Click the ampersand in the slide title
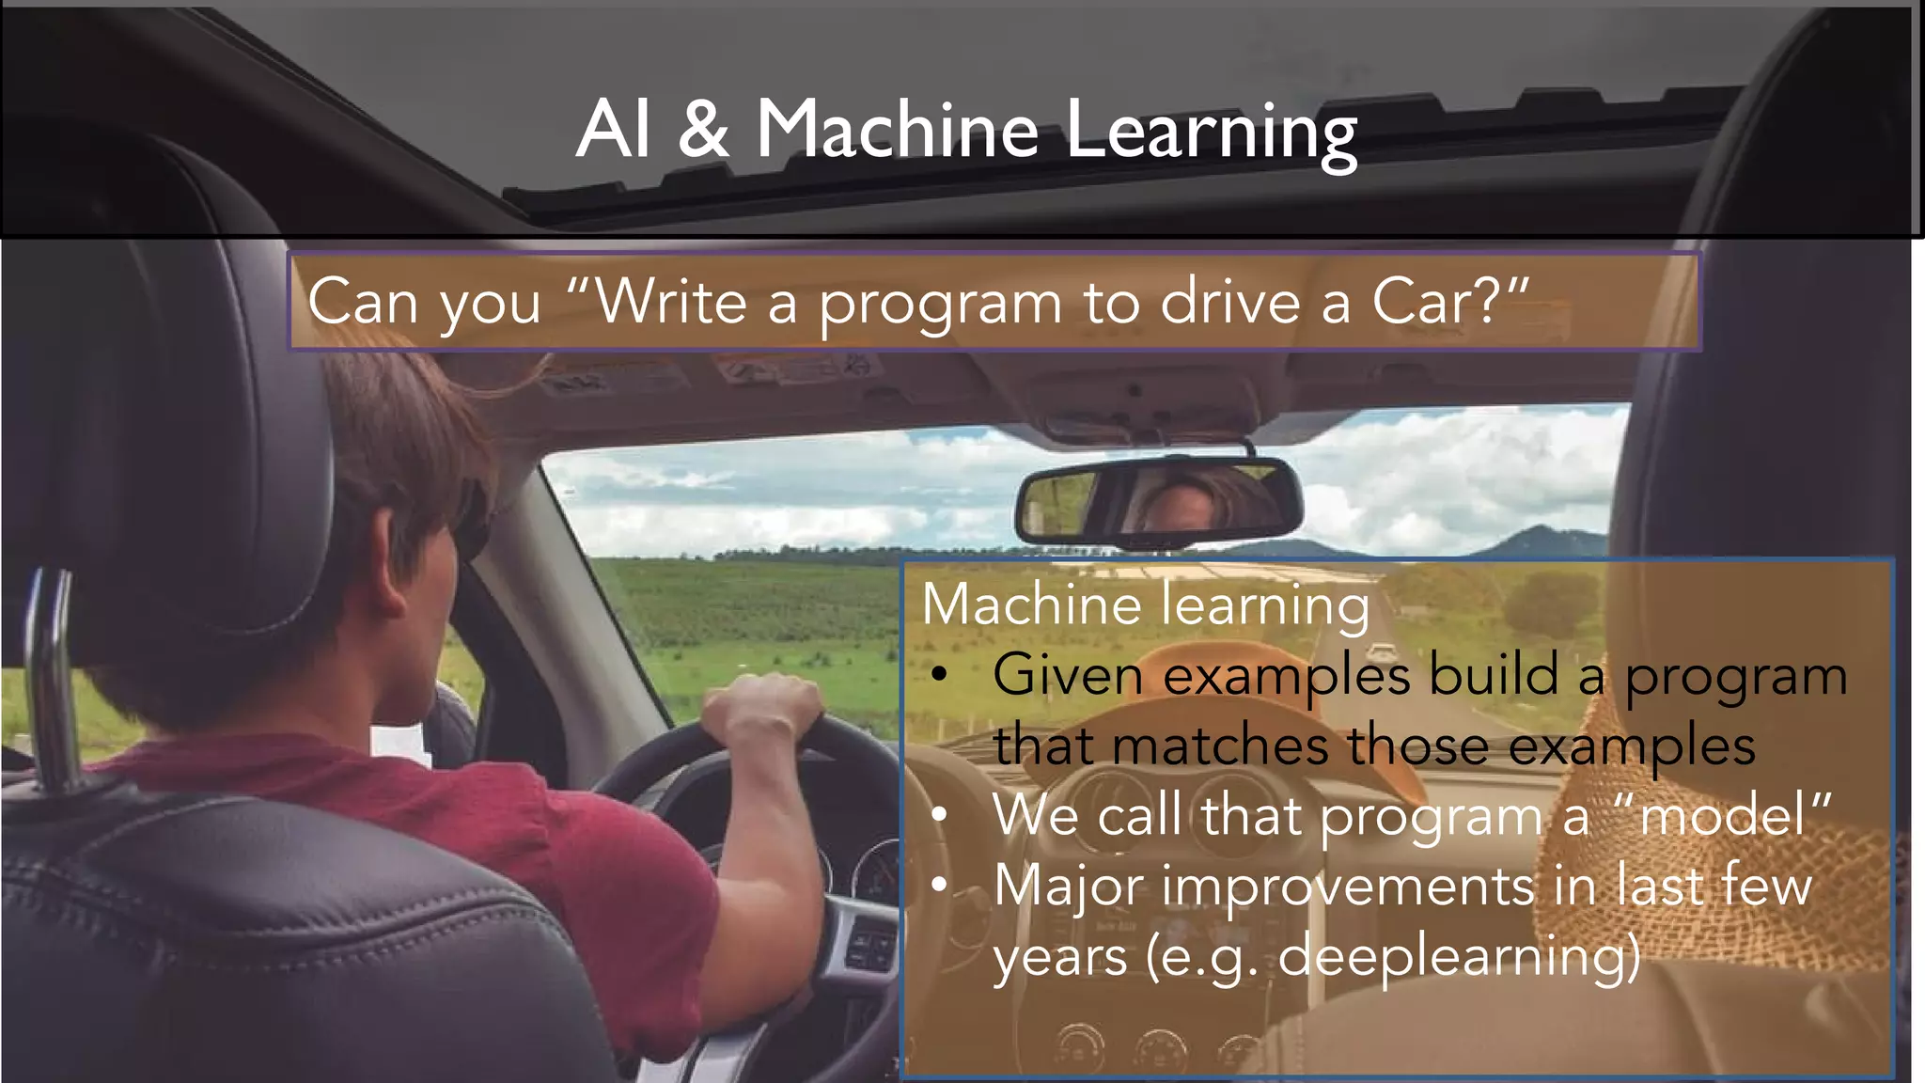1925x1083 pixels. (x=703, y=129)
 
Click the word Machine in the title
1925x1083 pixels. (x=897, y=129)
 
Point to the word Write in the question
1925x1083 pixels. (x=671, y=302)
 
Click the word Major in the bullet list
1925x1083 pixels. (x=1068, y=887)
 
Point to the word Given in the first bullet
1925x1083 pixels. (x=1068, y=675)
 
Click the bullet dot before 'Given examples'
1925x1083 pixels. (x=938, y=675)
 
